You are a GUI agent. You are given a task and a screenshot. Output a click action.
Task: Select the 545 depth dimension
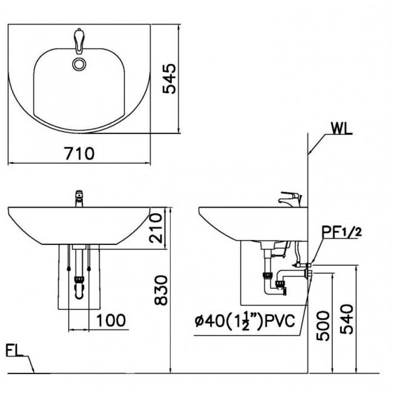tap(170, 78)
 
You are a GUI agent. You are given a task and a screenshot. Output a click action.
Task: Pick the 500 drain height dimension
tap(323, 326)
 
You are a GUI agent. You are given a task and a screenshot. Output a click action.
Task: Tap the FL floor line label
tap(15, 349)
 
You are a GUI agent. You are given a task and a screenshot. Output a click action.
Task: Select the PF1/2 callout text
tap(341, 231)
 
